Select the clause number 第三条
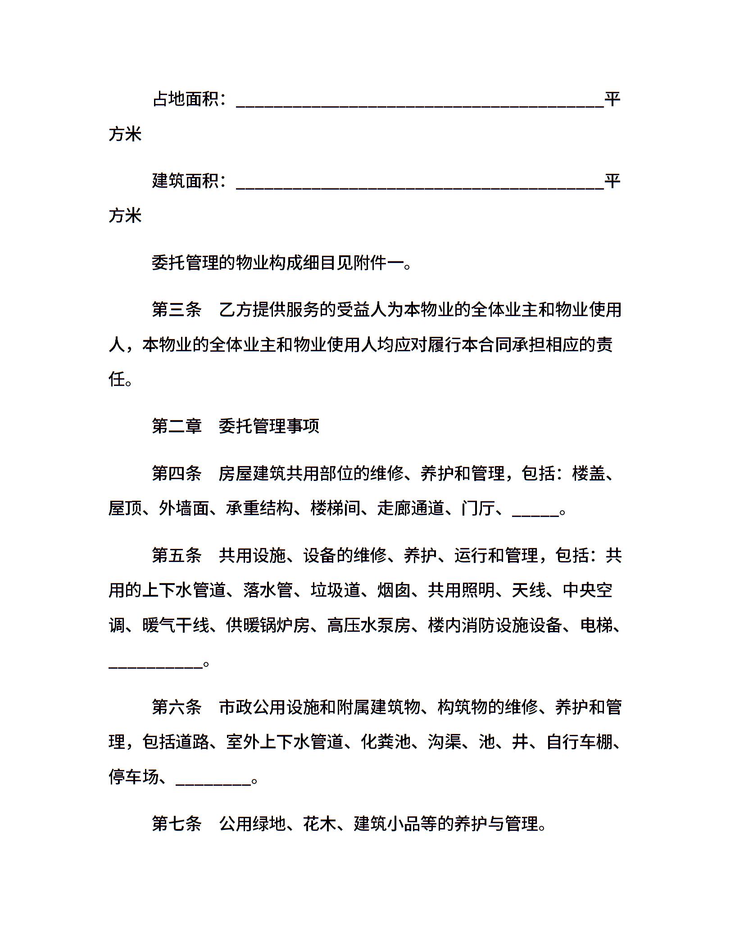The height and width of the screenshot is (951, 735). (x=177, y=310)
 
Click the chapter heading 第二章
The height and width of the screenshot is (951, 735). (x=177, y=426)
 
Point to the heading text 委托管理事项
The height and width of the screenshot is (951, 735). (x=269, y=426)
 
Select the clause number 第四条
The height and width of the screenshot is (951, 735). (x=177, y=474)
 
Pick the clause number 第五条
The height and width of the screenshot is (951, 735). (x=177, y=556)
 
